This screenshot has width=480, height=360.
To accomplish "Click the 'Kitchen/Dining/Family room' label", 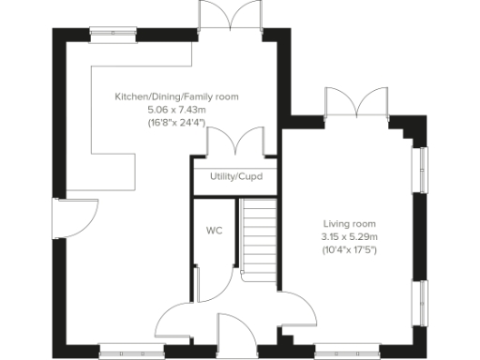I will coord(176,97).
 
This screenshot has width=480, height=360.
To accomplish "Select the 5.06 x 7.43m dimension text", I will coord(176,110).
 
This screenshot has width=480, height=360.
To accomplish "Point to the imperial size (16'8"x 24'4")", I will coord(176,122).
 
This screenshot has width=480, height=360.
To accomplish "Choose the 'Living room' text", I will coord(349,223).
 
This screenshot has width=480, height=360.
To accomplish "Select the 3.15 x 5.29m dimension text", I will coord(349,236).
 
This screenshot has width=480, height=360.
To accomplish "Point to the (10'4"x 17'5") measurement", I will coord(349,249).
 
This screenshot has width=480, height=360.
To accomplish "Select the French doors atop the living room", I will coord(355,101).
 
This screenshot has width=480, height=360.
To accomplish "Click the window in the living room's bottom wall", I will coord(347,352).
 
